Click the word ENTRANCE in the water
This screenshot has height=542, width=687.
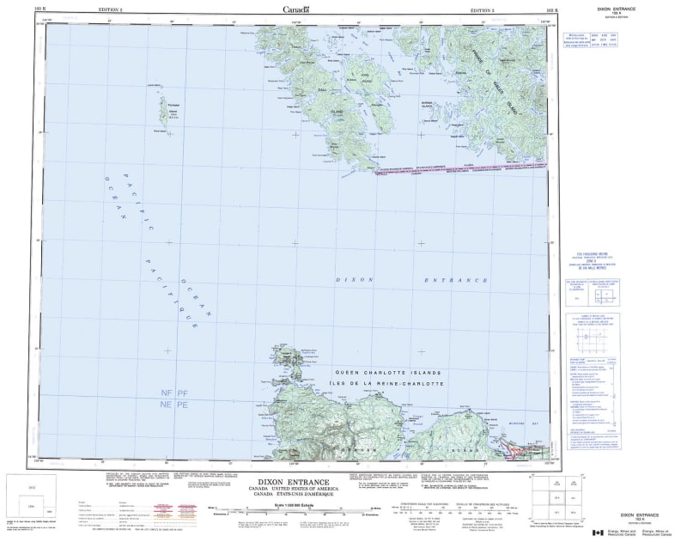click(x=455, y=280)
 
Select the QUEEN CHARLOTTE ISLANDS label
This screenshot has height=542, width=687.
click(x=388, y=373)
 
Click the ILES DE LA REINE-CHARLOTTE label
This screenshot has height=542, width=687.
click(x=388, y=383)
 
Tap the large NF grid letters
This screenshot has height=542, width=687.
click(x=167, y=393)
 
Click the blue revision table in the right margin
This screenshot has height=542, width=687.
click(x=581, y=40)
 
